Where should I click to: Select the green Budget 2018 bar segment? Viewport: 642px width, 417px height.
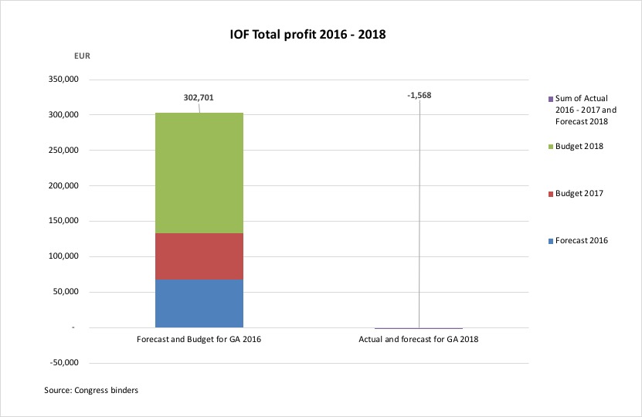(x=199, y=173)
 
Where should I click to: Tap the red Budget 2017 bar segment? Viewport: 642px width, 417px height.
(x=199, y=256)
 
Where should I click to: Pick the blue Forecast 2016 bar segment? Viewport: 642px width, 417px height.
(x=199, y=303)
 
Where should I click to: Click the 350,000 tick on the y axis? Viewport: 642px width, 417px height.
(x=59, y=80)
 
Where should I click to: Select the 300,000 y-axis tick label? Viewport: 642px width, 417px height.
(x=59, y=115)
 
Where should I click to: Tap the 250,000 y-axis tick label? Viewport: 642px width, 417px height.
(x=59, y=151)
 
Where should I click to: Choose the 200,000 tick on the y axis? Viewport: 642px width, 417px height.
(x=59, y=186)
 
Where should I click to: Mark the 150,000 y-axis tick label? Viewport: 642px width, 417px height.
(x=59, y=222)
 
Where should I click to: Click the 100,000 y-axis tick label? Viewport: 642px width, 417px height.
(x=59, y=257)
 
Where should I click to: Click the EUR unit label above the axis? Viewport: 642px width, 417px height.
(x=81, y=56)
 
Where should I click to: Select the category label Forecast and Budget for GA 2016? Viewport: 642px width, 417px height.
(x=199, y=340)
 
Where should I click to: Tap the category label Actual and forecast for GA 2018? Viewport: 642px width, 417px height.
(x=419, y=340)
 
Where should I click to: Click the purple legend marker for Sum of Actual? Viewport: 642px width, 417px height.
(x=551, y=99)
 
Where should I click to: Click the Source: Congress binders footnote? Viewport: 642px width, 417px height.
(x=91, y=391)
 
